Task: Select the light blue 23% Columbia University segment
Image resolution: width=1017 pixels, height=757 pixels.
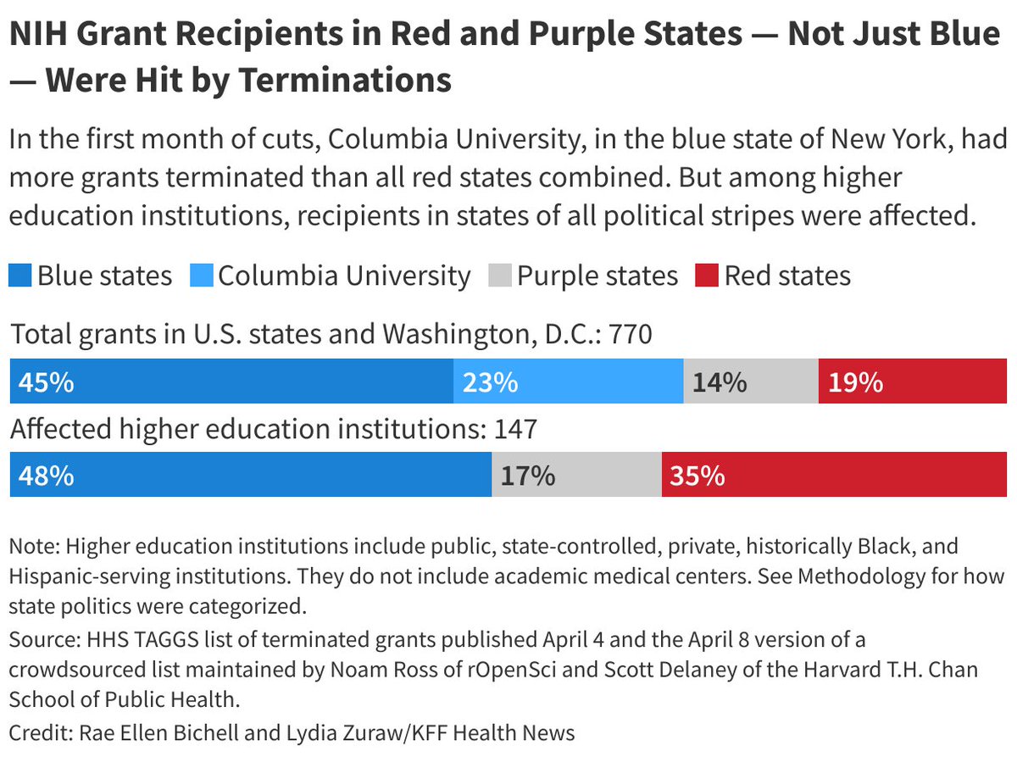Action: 569,381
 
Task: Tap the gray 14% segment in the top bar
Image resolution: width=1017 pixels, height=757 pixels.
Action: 751,381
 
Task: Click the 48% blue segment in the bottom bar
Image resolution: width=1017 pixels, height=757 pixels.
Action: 251,475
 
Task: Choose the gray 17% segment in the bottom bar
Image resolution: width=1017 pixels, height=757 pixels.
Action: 576,475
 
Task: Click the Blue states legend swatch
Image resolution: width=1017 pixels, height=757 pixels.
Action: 21,276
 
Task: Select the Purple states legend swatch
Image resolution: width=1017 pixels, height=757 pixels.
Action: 501,276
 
